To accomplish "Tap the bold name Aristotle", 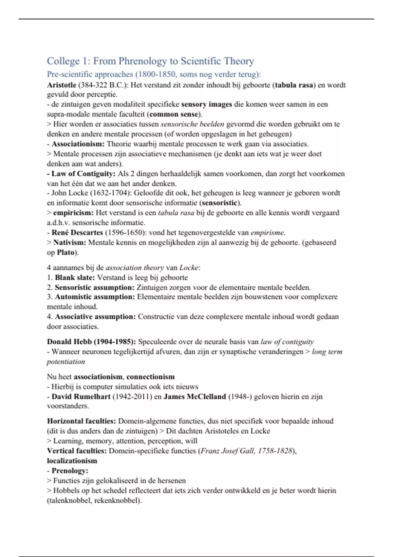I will click(x=62, y=85).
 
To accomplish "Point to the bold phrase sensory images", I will click(x=206, y=105).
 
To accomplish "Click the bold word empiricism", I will click(x=73, y=213).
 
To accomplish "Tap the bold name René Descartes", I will click(x=77, y=233).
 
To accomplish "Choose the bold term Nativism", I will click(x=69, y=242).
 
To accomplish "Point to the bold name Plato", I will click(x=65, y=253).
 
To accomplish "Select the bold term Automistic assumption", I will click(x=95, y=297).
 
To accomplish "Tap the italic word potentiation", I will click(x=66, y=362).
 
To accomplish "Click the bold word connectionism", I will click(x=150, y=377).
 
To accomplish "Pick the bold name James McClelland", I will click(x=195, y=397).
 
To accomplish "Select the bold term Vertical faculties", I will click(x=77, y=451).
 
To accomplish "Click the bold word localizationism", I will click(x=72, y=461).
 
